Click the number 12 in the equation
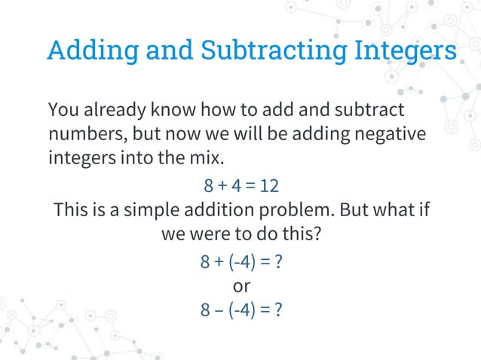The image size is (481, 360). pyautogui.click(x=270, y=185)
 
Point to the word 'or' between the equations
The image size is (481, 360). pyautogui.click(x=241, y=286)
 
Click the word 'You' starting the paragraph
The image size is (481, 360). pyautogui.click(x=63, y=110)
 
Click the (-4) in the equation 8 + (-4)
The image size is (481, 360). pyautogui.click(x=243, y=263)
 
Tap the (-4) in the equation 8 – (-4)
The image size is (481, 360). pyautogui.click(x=243, y=310)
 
